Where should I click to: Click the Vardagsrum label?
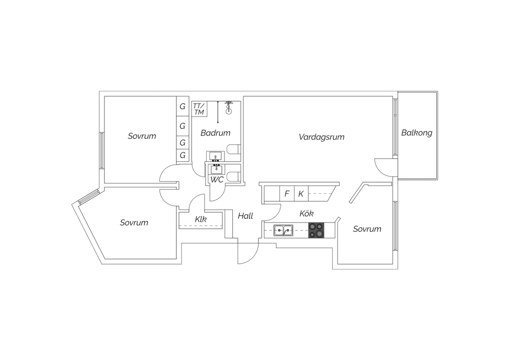321,137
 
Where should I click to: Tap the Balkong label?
417,132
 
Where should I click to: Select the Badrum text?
215,133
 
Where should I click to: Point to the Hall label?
245,216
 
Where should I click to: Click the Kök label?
306,214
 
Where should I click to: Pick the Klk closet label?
201,219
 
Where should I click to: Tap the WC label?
217,179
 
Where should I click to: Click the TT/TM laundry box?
199,109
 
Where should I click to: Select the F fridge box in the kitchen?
287,194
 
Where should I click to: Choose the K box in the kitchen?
301,194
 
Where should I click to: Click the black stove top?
316,230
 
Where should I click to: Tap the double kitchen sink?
284,230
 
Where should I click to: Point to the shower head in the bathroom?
229,106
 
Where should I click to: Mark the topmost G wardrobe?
183,107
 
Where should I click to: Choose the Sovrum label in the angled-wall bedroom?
134,223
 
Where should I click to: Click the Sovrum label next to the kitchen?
367,229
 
